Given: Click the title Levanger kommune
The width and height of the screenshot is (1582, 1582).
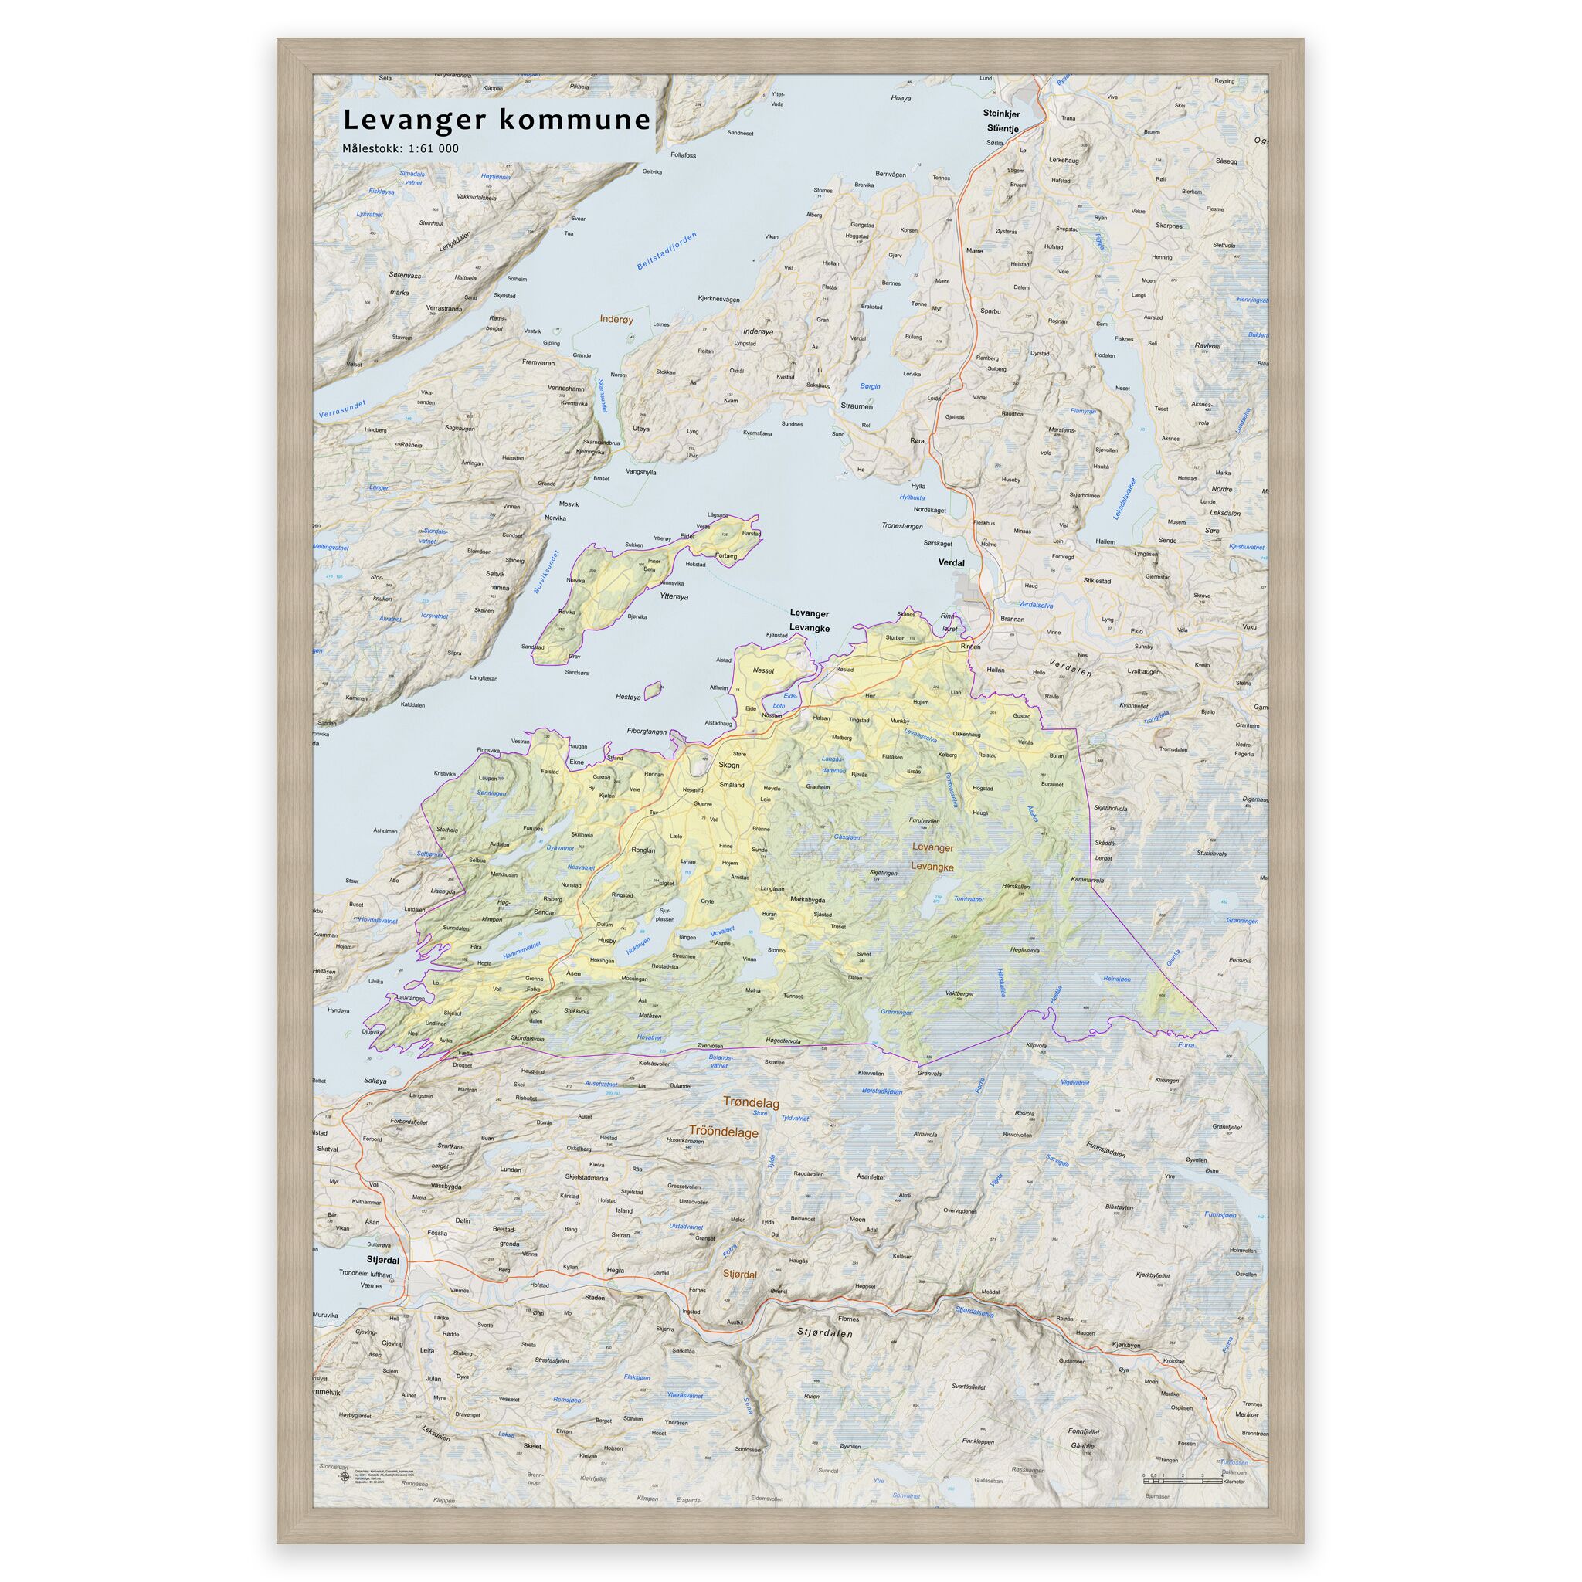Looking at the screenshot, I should tap(496, 121).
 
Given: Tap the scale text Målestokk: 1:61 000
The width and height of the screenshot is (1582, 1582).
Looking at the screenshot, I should tap(400, 149).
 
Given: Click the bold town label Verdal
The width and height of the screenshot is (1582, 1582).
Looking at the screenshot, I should tap(952, 563).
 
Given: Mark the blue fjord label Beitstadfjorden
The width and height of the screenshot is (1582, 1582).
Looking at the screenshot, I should tap(667, 251).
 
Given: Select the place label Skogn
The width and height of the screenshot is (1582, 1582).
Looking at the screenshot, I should tap(728, 765).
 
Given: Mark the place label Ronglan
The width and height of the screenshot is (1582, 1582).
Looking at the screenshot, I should tap(643, 850).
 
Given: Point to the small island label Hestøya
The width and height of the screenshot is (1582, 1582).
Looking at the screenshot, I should tap(627, 697).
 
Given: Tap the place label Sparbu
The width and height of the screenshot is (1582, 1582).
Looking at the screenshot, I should tap(990, 312).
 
